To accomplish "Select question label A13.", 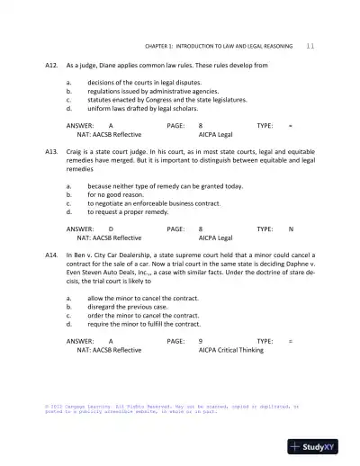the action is point(51,153).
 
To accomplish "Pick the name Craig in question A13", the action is point(76,153).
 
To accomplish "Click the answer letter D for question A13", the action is point(111,229).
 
